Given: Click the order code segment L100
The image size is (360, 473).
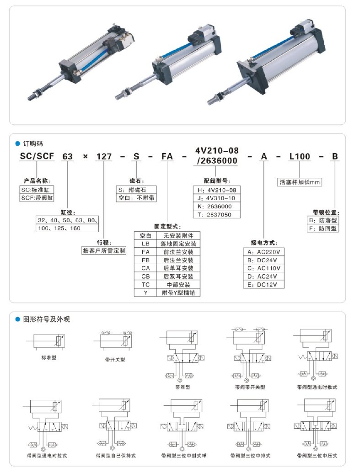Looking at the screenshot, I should (x=300, y=157).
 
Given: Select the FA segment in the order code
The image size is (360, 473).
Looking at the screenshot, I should (x=167, y=157).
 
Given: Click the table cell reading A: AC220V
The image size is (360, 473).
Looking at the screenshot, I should (x=264, y=252).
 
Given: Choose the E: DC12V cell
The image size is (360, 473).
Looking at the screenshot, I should (x=264, y=284).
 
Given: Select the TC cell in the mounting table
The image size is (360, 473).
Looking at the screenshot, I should (x=145, y=284).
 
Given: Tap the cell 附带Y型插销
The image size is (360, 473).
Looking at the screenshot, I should (x=178, y=292).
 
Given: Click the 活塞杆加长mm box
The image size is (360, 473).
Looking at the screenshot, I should (x=300, y=182).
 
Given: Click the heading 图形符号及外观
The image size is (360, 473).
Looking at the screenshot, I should (x=46, y=319).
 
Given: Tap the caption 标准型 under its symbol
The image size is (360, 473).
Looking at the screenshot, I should (x=48, y=358).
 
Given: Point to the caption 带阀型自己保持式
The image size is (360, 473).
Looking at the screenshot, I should (x=116, y=456).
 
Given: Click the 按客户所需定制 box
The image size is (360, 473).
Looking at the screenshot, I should (x=104, y=251).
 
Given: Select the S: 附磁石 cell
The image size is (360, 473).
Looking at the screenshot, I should (x=136, y=190).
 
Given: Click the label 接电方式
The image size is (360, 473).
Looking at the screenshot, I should (x=264, y=242).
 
